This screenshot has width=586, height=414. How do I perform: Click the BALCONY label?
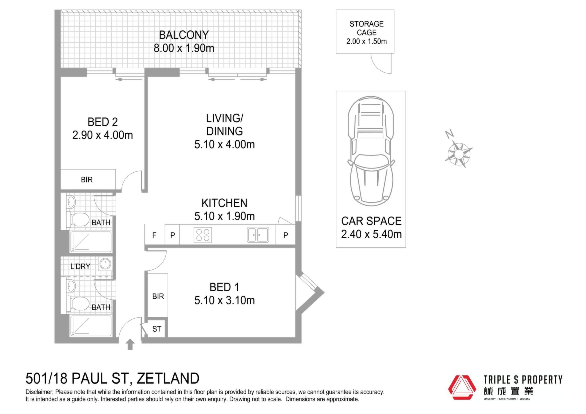(x=184, y=35)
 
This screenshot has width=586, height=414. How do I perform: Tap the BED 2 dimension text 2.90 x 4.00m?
(x=103, y=135)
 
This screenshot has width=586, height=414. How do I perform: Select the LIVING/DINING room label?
(x=224, y=124)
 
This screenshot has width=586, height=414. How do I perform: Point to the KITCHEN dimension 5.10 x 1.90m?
(x=224, y=216)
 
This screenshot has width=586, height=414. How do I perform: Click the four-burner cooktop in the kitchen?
(x=203, y=235)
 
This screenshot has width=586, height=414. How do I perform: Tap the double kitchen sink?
(x=258, y=235)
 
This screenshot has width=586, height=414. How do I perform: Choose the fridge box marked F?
(x=154, y=235)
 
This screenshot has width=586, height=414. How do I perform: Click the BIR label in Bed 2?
(x=87, y=180)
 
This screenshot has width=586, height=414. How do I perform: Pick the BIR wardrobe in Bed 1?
(x=158, y=295)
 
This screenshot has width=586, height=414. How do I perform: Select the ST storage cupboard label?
(x=157, y=329)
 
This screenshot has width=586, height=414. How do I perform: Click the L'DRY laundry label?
(x=80, y=266)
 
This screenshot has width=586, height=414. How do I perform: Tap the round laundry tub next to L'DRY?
(x=105, y=264)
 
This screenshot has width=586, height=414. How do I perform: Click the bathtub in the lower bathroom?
(x=91, y=326)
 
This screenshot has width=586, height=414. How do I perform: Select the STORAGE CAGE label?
(x=367, y=28)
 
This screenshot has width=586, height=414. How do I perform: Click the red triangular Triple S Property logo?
(x=462, y=387)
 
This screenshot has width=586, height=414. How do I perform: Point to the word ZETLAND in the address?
(x=168, y=378)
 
